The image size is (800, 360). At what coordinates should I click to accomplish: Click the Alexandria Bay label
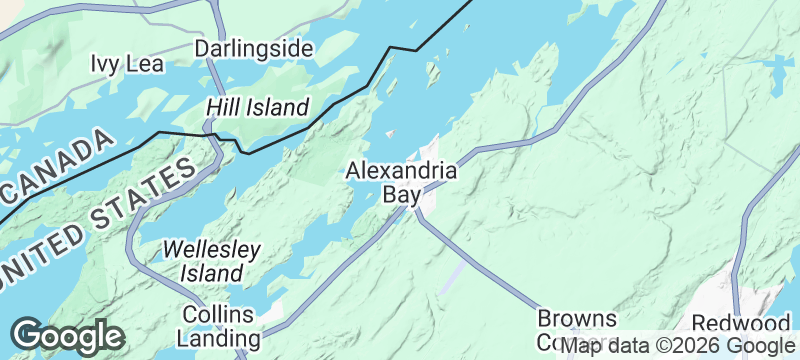[x=401, y=182]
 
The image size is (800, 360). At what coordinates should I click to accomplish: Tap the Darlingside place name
[x=254, y=49]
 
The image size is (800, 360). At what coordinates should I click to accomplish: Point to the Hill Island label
[x=258, y=107]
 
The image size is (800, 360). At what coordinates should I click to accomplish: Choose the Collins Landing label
[x=223, y=325]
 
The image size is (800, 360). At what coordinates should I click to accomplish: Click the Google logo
[x=67, y=335]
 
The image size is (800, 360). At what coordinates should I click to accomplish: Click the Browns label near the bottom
[x=577, y=319]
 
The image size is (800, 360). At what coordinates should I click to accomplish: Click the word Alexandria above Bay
[x=401, y=171]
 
